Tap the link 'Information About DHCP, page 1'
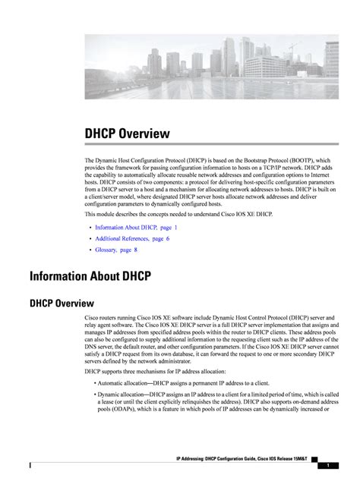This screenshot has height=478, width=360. coord(137,227)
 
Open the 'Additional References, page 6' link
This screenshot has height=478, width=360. coord(132,238)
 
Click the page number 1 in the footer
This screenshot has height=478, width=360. coord(327,464)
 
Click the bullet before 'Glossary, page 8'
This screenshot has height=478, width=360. coord(89,250)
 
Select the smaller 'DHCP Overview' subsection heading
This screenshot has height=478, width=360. coord(62,303)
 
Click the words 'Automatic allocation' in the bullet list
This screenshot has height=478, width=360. coord(121,383)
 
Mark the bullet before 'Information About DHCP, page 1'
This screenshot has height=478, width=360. coord(89,228)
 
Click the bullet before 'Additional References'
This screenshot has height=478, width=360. coord(89,238)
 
